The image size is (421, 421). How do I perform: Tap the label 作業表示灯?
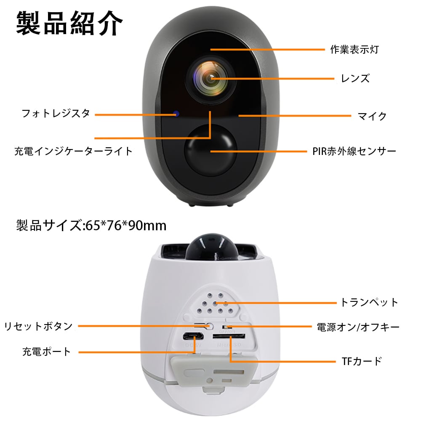(x=354, y=50)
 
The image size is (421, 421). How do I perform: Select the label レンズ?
(x=355, y=78)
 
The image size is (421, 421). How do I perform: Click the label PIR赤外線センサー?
(x=354, y=151)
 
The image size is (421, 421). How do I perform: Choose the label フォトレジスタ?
(x=56, y=113)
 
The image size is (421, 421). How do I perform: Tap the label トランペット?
(x=369, y=302)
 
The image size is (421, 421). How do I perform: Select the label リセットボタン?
(x=38, y=326)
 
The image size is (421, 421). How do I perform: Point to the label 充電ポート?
(x=47, y=352)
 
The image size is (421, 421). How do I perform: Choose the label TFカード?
(x=361, y=361)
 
